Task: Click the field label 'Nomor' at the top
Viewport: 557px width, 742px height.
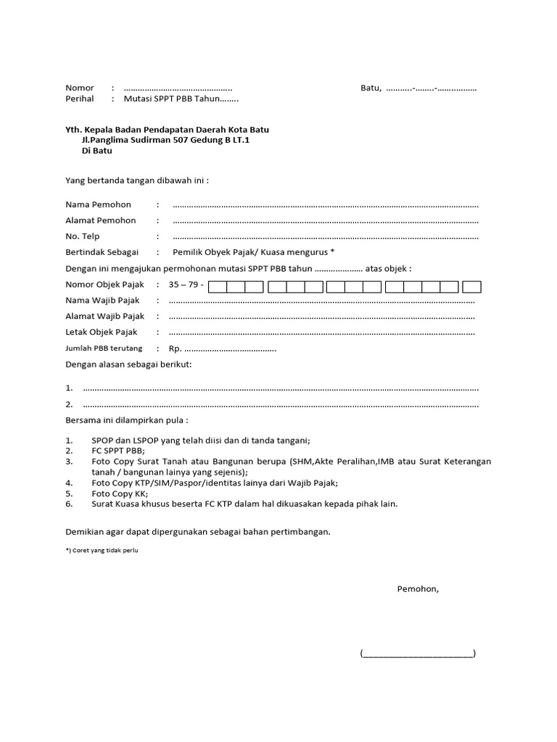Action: [80, 88]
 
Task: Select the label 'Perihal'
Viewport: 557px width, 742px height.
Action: [80, 99]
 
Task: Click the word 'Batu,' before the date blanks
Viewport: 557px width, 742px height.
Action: [371, 88]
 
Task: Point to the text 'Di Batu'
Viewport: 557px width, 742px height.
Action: [97, 151]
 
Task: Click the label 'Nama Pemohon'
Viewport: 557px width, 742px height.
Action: [99, 205]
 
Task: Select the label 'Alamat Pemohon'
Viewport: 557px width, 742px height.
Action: [101, 220]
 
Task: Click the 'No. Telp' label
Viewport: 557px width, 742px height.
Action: [83, 236]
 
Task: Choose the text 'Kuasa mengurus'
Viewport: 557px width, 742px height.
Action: [298, 252]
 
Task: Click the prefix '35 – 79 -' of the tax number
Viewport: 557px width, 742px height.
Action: [186, 285]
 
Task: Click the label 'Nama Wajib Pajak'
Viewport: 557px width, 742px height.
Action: [102, 300]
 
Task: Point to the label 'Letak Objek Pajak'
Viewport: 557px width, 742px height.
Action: [102, 332]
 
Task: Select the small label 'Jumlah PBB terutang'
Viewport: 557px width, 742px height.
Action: [104, 349]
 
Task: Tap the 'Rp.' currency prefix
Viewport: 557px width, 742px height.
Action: [176, 349]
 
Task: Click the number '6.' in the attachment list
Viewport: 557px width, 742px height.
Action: [70, 504]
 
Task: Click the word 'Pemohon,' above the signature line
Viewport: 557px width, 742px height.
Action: [418, 588]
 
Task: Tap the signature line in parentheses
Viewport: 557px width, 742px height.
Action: [418, 653]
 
